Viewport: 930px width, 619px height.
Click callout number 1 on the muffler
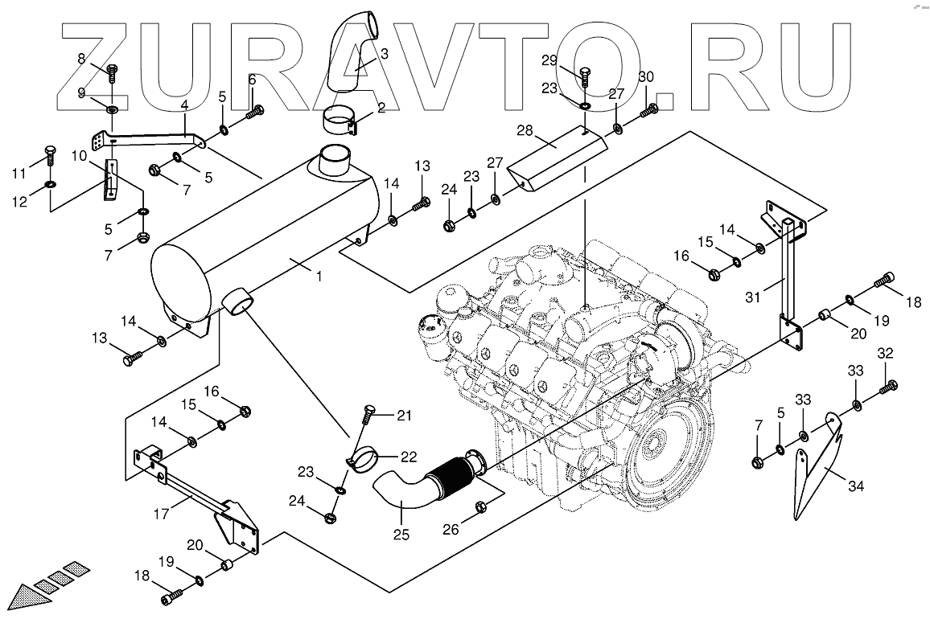click(x=319, y=277)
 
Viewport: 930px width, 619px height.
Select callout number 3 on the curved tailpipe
click(x=384, y=55)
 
